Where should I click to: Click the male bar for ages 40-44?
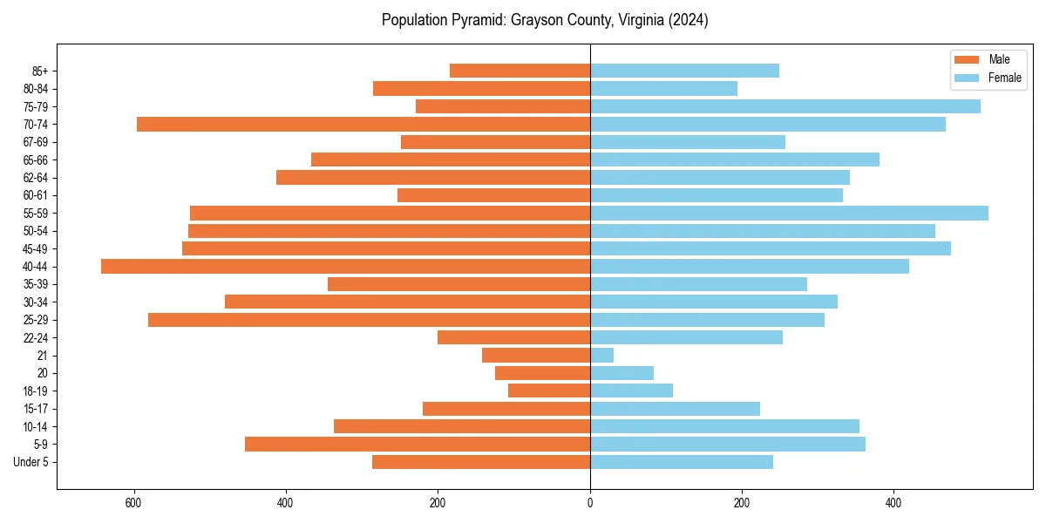(x=345, y=267)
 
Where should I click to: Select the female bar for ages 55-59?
(x=789, y=214)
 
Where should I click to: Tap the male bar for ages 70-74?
(x=363, y=125)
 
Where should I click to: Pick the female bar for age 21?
(x=601, y=356)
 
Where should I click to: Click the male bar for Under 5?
(x=481, y=462)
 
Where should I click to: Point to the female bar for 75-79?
(x=784, y=106)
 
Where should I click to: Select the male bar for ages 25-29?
(x=369, y=320)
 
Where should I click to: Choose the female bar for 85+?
(x=684, y=71)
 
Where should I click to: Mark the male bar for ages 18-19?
(x=549, y=391)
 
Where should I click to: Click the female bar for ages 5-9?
(x=727, y=445)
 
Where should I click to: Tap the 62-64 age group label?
(x=36, y=178)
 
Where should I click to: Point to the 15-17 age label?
(x=36, y=409)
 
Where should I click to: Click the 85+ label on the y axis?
(x=41, y=71)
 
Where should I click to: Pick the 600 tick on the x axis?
(x=133, y=503)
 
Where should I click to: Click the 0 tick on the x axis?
(x=590, y=503)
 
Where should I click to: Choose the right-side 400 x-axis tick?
(x=893, y=503)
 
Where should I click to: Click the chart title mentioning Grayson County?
(x=545, y=20)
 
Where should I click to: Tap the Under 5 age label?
(x=31, y=462)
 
